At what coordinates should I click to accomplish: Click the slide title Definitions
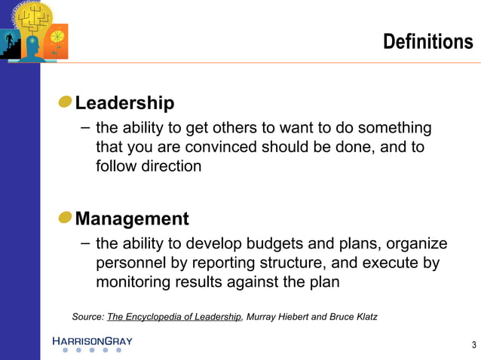pyautogui.click(x=427, y=41)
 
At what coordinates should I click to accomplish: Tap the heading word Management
pyautogui.click(x=132, y=218)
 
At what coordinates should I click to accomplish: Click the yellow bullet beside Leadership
pyautogui.click(x=66, y=102)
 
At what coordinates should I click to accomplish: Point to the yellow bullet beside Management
pyautogui.click(x=66, y=218)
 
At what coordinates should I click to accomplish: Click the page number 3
pyautogui.click(x=473, y=345)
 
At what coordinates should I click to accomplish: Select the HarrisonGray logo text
pyautogui.click(x=92, y=341)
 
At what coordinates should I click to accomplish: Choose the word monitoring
pyautogui.click(x=133, y=282)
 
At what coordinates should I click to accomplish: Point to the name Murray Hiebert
pyautogui.click(x=280, y=316)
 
